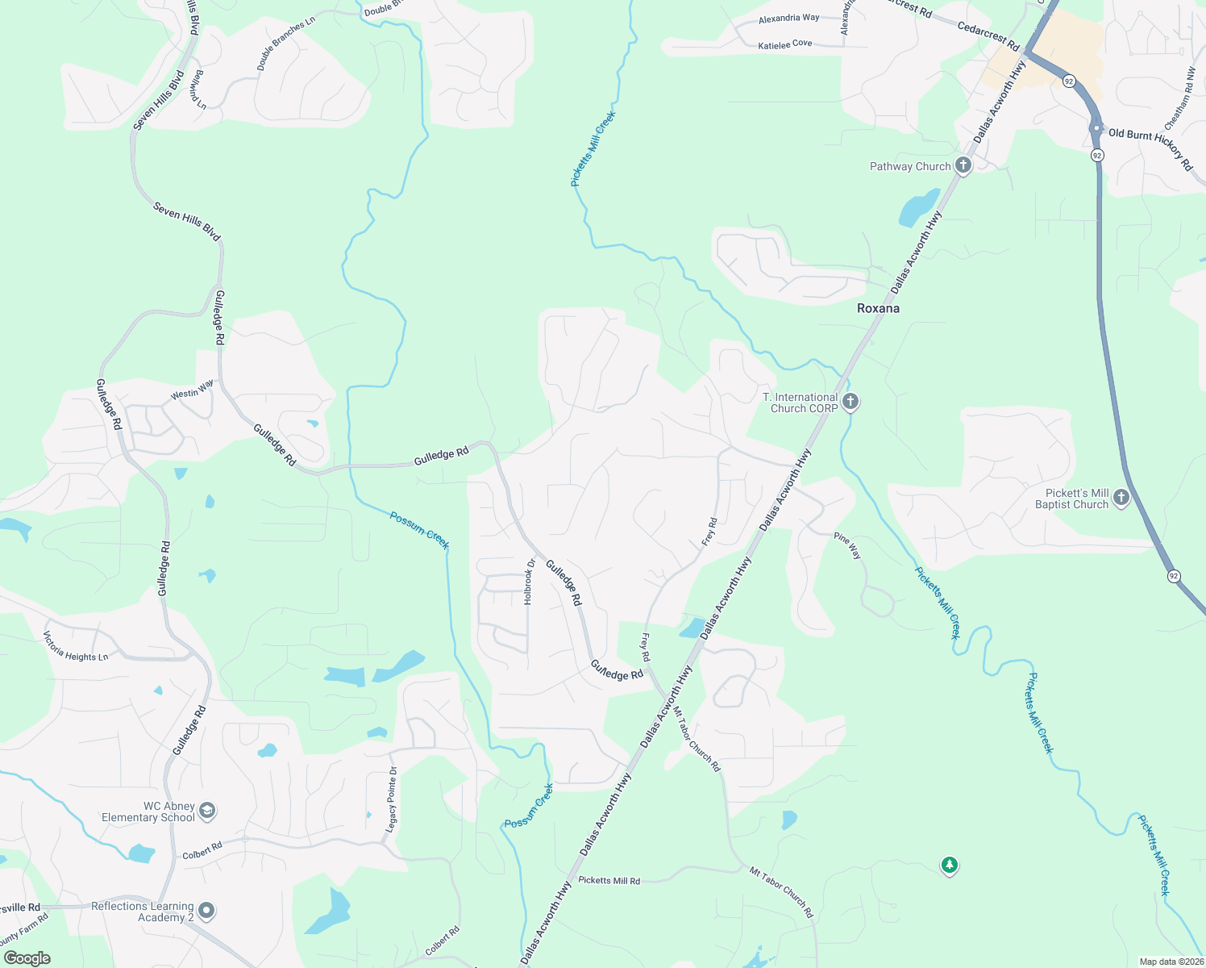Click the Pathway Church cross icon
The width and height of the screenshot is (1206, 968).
[x=963, y=165]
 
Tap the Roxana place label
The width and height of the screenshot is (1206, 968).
[x=878, y=308]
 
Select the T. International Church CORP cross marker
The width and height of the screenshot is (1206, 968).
[x=850, y=402]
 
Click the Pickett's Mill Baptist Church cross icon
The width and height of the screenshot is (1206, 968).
[x=1121, y=498]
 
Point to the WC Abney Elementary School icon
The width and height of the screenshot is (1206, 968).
[x=207, y=810]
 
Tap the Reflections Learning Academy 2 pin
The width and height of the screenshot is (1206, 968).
[x=206, y=911]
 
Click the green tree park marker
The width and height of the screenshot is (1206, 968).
[x=950, y=866]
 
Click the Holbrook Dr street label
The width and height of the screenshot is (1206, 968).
[x=529, y=582]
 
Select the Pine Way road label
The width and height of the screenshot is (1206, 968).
[x=847, y=546]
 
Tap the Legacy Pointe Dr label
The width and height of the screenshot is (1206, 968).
[x=392, y=799]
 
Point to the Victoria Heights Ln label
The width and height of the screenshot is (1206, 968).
[x=75, y=645]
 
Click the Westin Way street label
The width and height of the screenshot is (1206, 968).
[x=192, y=390]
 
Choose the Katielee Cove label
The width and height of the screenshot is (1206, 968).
[x=785, y=44]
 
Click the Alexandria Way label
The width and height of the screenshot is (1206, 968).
[x=788, y=18]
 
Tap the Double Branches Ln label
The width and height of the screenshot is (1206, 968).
[x=285, y=44]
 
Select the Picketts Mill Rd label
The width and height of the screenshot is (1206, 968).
[x=609, y=880]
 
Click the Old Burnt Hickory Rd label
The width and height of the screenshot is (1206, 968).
[x=1150, y=148]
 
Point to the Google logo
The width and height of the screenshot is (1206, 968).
[x=27, y=958]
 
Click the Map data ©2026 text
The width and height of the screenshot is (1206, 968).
[x=1170, y=962]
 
